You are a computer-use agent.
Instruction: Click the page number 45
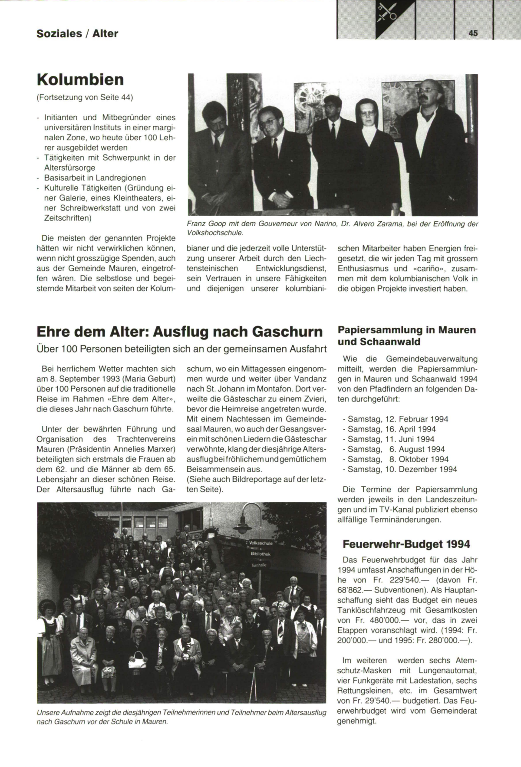pos(473,33)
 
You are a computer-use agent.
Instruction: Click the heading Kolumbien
pos(80,79)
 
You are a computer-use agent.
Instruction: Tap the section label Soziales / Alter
pos(77,33)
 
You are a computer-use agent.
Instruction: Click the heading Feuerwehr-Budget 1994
pos(406,544)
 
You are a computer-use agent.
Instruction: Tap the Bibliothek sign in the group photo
pos(260,554)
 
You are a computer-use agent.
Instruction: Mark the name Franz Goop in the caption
pos(204,224)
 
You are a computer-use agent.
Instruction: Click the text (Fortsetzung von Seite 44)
pos(85,97)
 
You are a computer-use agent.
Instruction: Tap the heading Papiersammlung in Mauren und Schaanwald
pos(406,336)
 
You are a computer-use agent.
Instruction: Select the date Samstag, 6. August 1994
pos(396,449)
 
